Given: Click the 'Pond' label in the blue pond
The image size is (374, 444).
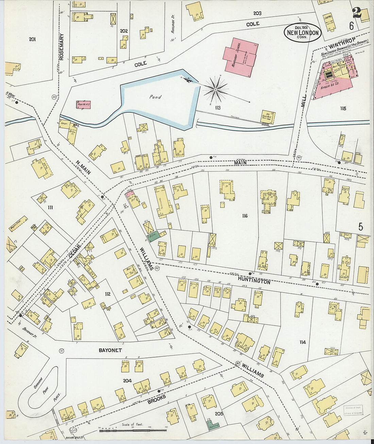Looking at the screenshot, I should [155, 97].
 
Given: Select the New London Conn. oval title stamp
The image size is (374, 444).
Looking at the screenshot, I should [302, 33].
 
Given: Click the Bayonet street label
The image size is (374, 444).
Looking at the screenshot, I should [110, 350].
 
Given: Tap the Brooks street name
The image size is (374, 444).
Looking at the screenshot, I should [157, 399].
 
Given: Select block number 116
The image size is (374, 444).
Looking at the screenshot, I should [245, 216].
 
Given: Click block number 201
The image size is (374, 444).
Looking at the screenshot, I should [32, 39].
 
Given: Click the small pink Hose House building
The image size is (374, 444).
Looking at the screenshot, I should [83, 105].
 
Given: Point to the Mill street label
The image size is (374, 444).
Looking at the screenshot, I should [304, 101].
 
